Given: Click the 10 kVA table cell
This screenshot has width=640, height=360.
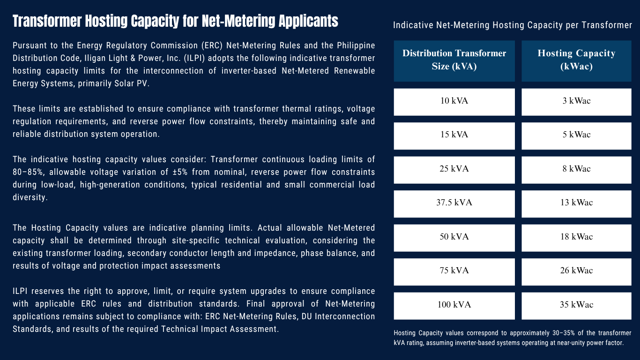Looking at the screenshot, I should pos(454,102).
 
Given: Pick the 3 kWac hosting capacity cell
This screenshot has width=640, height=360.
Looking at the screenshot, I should pos(576,102).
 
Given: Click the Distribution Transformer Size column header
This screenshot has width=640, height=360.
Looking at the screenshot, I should pos(454,60).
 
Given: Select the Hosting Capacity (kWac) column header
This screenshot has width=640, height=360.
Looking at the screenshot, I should pos(576,60).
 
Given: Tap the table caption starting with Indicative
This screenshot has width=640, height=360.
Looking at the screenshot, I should pos(513,25).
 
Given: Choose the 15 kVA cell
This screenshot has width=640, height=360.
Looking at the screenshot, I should pos(454,135).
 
